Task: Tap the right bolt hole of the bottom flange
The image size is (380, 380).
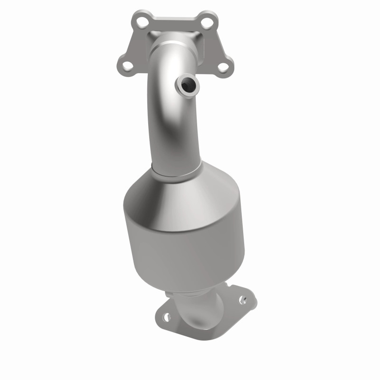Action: click(244, 300)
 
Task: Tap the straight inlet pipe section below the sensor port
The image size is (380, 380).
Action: click(176, 133)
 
